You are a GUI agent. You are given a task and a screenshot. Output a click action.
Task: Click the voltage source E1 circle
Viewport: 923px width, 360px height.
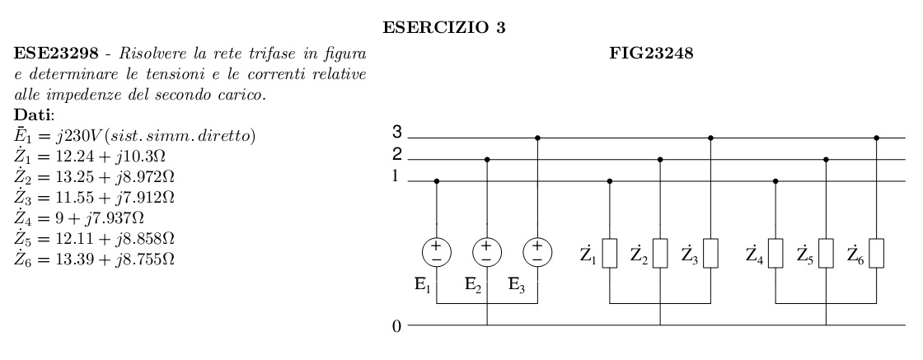point(436,250)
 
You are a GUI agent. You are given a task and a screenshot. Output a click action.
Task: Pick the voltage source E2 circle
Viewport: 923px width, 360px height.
point(487,250)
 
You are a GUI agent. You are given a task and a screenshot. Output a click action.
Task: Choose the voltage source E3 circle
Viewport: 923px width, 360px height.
point(537,250)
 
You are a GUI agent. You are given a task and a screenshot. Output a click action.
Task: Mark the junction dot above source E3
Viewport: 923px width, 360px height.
point(537,138)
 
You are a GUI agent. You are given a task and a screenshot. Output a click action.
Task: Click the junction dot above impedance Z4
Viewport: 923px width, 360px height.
point(775,180)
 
